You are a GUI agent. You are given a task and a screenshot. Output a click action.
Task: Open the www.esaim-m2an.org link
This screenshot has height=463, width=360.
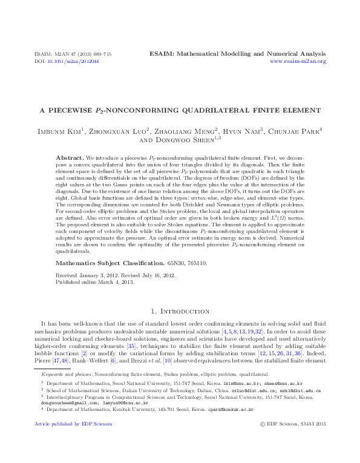point(298,62)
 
